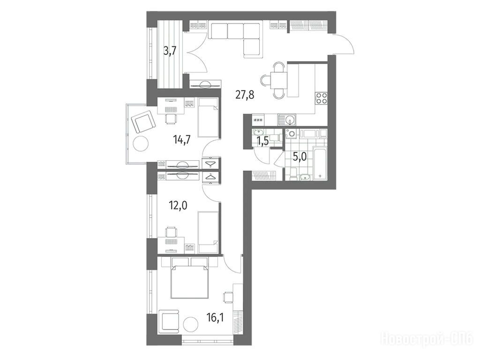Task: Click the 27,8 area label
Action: pyautogui.click(x=245, y=95)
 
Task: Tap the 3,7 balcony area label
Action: pyautogui.click(x=170, y=51)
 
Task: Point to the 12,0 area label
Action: pyautogui.click(x=178, y=205)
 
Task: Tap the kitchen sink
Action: pyautogui.click(x=287, y=120)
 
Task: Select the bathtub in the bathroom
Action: pyautogui.click(x=320, y=163)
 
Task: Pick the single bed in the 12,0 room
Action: pyautogui.click(x=208, y=232)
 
